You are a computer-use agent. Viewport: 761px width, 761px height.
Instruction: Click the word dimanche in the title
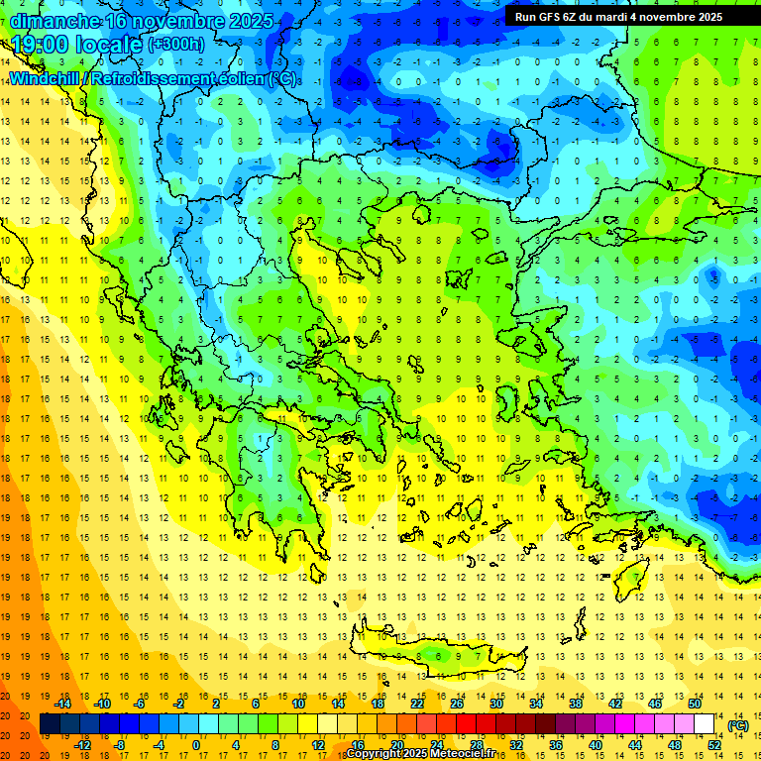[x=54, y=21]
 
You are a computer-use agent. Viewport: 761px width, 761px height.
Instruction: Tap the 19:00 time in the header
[x=40, y=45]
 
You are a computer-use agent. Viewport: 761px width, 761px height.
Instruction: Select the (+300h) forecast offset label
[x=176, y=45]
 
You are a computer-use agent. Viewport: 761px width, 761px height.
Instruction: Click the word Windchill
[x=46, y=78]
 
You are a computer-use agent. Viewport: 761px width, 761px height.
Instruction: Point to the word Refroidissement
[x=157, y=78]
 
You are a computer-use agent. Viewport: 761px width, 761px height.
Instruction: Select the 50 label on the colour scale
[x=695, y=704]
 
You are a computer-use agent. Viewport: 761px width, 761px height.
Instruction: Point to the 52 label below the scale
[x=714, y=745]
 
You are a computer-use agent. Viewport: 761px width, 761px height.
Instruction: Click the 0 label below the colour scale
[x=196, y=745]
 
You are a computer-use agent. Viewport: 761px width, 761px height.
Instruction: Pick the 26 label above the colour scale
[x=457, y=704]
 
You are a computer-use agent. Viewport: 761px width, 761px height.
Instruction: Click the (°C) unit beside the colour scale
[x=738, y=724]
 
